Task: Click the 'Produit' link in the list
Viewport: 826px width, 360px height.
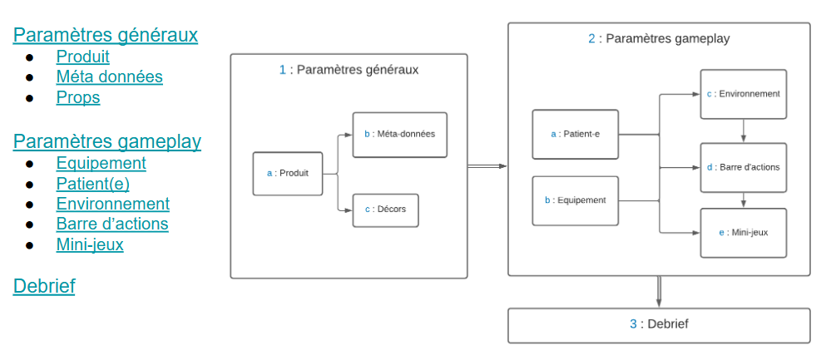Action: tap(82, 57)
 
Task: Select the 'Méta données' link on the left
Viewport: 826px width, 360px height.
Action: tap(109, 77)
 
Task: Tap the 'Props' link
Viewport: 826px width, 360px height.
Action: tap(78, 98)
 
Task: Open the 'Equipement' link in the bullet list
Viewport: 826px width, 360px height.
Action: tap(101, 164)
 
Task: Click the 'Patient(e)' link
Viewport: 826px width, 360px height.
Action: tap(92, 184)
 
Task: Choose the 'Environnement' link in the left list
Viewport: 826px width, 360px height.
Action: tap(112, 204)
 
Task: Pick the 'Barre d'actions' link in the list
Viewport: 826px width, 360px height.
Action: tap(112, 224)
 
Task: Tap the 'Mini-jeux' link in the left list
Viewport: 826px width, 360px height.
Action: tap(90, 244)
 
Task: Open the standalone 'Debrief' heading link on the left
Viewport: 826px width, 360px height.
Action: tap(44, 287)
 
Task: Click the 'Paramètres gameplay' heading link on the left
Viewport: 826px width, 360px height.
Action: tap(106, 141)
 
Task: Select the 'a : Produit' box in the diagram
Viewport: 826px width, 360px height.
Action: tap(287, 174)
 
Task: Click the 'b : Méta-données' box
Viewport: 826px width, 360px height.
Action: tap(399, 135)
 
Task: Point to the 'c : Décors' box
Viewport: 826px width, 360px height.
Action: tap(385, 210)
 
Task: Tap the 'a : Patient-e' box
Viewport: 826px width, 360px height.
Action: tap(575, 134)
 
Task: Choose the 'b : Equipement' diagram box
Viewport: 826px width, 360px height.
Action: tap(575, 200)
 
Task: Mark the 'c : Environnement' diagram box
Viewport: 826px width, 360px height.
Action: tap(743, 94)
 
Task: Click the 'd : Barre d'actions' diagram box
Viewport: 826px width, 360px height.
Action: tap(743, 167)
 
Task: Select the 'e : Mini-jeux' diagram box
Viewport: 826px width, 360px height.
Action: tap(743, 233)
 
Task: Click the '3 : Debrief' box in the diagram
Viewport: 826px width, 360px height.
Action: tap(659, 325)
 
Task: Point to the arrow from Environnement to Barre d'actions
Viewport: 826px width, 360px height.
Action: tap(743, 131)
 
